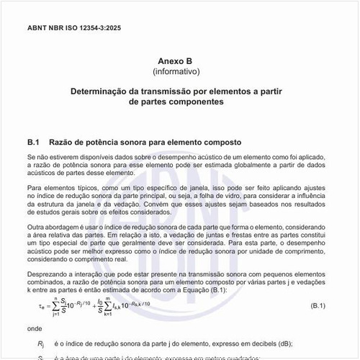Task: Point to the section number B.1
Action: pyautogui.click(x=37, y=142)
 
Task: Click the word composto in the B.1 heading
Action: pyautogui.click(x=220, y=142)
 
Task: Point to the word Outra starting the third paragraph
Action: pyautogui.click(x=37, y=228)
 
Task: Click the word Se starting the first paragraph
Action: pyautogui.click(x=32, y=156)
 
